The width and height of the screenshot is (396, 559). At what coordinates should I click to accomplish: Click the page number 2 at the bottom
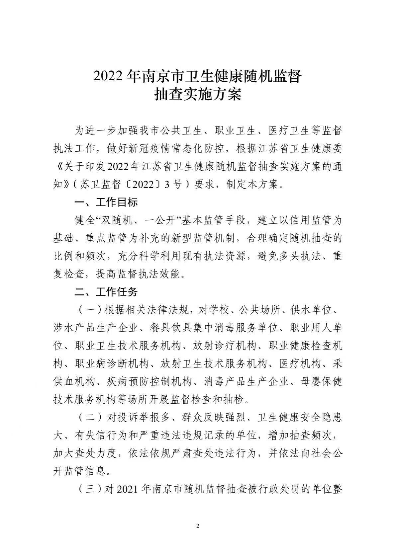point(198,526)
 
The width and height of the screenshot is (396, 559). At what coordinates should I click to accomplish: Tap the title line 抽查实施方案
point(198,95)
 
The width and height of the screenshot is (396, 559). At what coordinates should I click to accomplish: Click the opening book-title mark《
point(58,166)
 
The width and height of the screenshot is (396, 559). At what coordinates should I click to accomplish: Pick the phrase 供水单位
point(311,310)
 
